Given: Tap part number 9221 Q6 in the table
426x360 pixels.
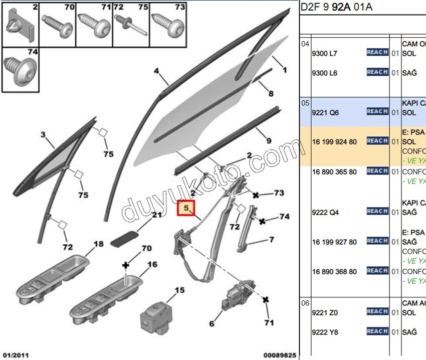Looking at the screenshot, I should tap(325, 113).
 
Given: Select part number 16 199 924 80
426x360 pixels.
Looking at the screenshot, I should tap(334, 142).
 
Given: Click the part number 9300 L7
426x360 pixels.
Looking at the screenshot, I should tap(325, 53).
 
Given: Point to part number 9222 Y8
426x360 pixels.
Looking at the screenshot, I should tap(325, 332).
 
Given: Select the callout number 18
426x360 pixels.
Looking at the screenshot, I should tap(98, 244).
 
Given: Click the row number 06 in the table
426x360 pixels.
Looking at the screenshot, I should tap(305, 303).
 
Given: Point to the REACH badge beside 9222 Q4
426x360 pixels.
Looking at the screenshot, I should tap(377, 211).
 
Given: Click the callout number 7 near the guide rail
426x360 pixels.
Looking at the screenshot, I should tap(271, 240).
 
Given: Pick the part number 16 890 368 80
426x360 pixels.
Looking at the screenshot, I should tap(334, 272).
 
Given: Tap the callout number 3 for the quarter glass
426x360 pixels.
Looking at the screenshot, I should tap(43, 135).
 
